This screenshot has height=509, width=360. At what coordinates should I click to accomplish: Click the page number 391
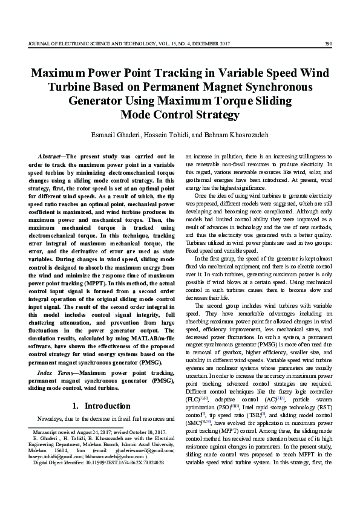[327, 43]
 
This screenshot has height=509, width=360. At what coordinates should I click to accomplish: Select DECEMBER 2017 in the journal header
[214, 43]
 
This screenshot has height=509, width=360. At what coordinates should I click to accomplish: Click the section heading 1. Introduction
[102, 404]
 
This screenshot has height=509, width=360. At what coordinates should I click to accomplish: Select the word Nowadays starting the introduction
[51, 418]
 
